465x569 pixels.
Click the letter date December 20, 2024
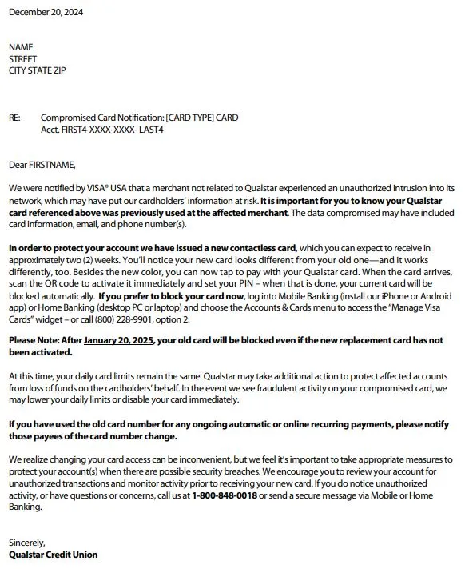point(46,12)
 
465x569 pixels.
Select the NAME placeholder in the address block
point(21,47)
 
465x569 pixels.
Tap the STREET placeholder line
point(22,58)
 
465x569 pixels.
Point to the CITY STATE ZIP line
point(37,70)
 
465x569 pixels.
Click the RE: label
point(14,118)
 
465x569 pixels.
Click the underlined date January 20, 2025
point(118,340)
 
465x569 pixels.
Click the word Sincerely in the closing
point(27,542)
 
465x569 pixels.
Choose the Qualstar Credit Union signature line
point(54,554)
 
